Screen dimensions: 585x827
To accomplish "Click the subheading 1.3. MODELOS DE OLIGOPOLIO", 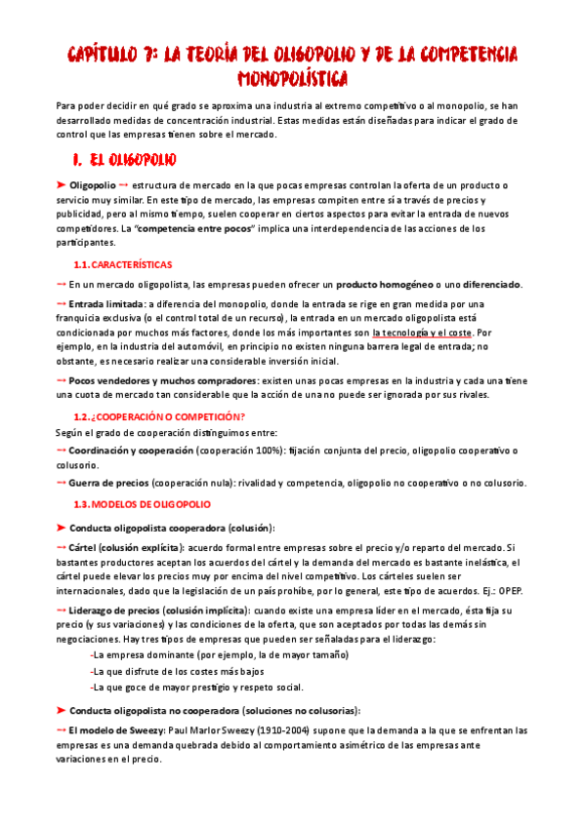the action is tap(149, 503).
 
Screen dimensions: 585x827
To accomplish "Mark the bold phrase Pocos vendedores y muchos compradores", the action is tap(163, 380).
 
